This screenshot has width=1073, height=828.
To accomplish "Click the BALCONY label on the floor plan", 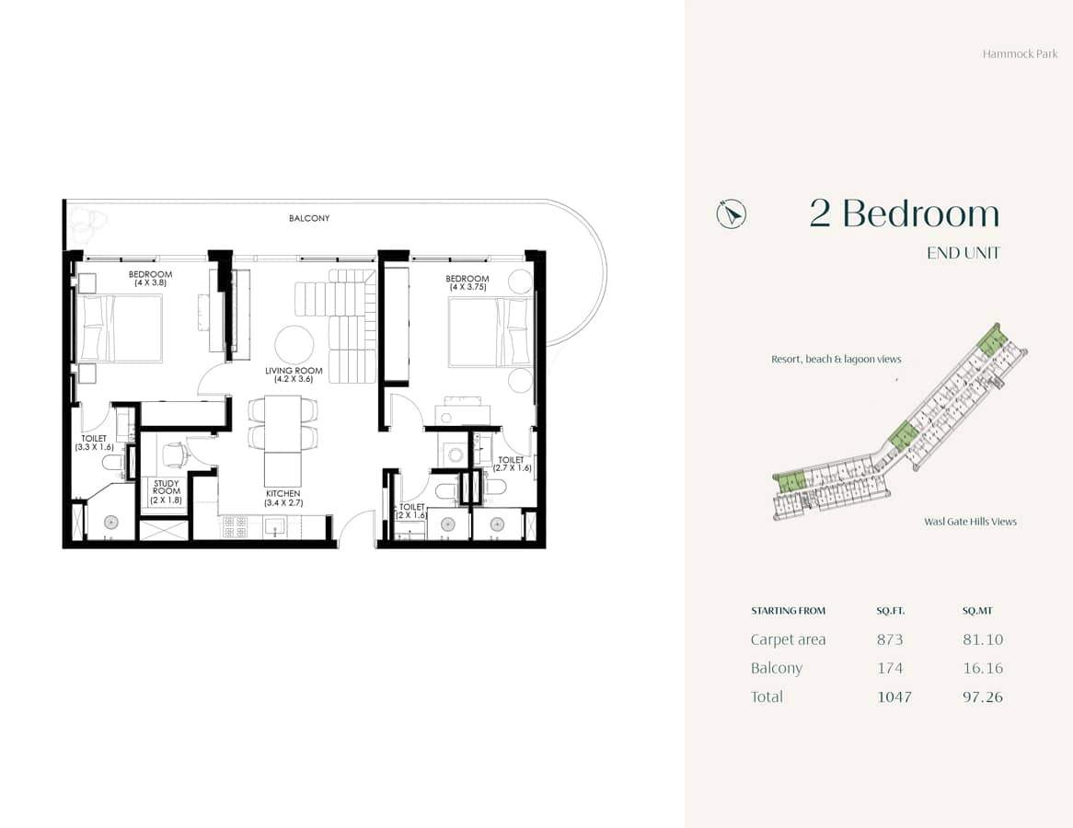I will [308, 219].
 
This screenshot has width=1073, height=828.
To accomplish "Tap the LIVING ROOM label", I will [294, 371].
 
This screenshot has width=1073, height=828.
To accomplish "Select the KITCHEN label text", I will [283, 494].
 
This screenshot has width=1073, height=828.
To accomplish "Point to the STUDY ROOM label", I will [167, 488].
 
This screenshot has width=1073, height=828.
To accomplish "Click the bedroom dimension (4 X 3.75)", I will [467, 288].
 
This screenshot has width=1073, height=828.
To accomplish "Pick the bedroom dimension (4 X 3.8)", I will [150, 283].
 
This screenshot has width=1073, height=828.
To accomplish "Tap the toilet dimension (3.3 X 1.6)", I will [94, 447].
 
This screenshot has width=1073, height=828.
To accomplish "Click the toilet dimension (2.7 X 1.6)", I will [511, 468].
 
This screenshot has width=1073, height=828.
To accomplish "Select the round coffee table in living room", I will [294, 345].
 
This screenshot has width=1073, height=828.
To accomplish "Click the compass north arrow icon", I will [732, 214].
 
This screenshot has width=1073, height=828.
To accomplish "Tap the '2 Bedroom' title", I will [904, 213].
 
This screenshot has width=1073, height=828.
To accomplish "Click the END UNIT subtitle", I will [963, 253].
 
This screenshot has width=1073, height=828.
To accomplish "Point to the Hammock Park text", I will [1020, 54].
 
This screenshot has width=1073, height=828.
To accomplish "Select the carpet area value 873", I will [890, 639].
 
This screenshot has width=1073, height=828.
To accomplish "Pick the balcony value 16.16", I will [982, 668].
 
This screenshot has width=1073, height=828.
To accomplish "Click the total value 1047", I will [894, 696].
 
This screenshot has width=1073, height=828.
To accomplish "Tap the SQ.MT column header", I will [977, 611].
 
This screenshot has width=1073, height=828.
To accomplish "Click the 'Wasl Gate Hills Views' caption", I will [970, 522].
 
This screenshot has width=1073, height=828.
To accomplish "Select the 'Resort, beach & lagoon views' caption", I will [836, 360].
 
